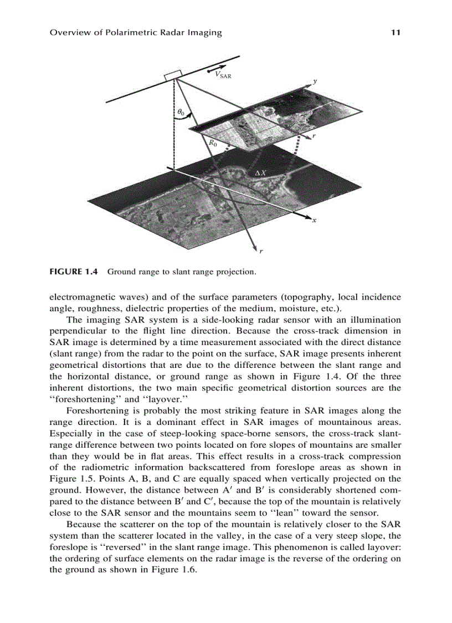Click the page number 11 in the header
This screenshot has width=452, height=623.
click(x=395, y=33)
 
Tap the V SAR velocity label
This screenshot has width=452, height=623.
click(x=223, y=75)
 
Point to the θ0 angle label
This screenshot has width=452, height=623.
click(x=181, y=113)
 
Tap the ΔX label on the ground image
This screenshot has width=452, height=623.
click(x=260, y=173)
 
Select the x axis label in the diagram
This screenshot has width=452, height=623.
click(x=314, y=220)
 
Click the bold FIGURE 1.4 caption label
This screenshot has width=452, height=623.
click(x=74, y=272)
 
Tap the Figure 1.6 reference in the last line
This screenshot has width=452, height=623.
click(x=171, y=570)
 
